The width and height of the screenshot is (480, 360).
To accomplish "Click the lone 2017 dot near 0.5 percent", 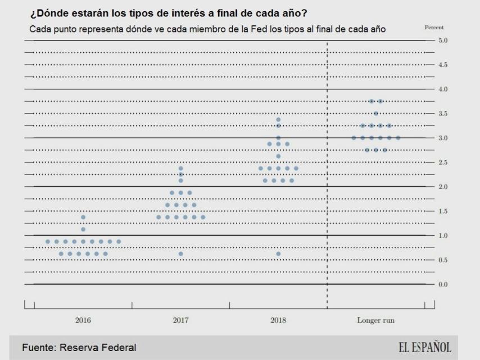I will [180, 254].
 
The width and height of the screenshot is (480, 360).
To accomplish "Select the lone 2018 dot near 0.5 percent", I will [278, 254].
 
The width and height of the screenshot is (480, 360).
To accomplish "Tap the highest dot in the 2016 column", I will [83, 217].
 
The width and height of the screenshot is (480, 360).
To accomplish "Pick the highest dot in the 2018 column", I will [278, 119].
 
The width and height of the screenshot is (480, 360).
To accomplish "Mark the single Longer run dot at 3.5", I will [376, 114].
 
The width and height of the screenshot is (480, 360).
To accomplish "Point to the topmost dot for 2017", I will [180, 168].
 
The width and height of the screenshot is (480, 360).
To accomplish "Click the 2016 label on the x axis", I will [83, 321].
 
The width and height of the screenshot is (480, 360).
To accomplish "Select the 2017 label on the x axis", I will [180, 321].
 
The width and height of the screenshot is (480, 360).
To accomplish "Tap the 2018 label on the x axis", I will [278, 321].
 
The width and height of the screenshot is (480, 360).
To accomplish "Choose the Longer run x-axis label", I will [376, 321].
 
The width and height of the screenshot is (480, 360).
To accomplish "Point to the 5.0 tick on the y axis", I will [443, 40].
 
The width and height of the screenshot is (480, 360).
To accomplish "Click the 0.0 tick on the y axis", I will [443, 284].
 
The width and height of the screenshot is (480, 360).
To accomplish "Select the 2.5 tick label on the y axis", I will [443, 162].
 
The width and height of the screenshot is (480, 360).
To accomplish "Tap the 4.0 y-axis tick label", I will [443, 89].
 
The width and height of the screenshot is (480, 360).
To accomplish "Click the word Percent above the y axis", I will [435, 27].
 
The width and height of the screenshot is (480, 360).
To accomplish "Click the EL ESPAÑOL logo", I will [424, 347].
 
